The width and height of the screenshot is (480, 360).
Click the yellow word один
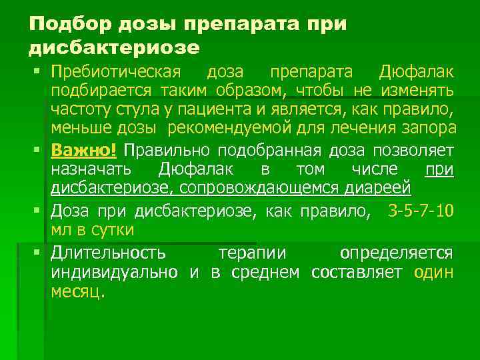433,272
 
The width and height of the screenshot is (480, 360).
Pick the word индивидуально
115,272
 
